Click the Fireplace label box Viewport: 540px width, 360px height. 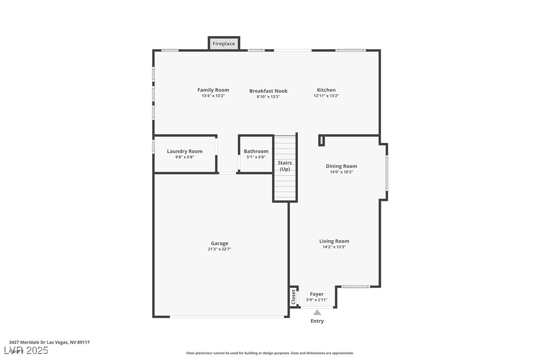point(224,44)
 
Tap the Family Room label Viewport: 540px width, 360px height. point(213,90)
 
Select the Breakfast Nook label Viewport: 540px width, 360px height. point(268,91)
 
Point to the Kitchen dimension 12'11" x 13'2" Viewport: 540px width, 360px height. point(326,96)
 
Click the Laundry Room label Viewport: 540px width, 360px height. point(184,151)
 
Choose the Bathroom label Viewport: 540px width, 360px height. point(256,151)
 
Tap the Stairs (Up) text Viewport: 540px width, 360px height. point(284,166)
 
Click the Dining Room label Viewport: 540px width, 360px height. point(341,166)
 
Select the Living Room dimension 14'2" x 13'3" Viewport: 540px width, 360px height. point(334,247)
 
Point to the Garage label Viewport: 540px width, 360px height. point(219,243)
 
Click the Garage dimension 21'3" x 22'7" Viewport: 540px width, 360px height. point(219,250)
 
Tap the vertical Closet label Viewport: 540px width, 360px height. point(293,297)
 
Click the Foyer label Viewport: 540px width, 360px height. point(317,294)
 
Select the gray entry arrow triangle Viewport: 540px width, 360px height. point(317,312)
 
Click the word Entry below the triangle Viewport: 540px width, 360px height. point(317,321)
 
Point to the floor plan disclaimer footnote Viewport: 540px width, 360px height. point(270,353)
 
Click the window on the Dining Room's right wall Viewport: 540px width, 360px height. point(386,172)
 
